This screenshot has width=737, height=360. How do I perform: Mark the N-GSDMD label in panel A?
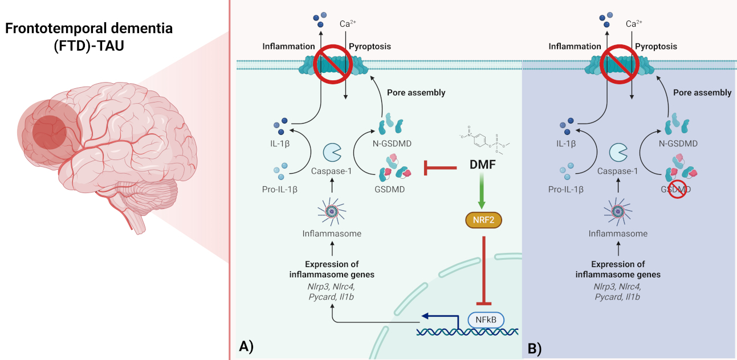coord(393,144)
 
